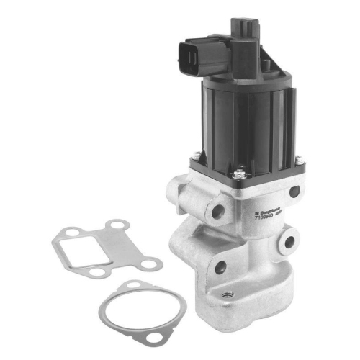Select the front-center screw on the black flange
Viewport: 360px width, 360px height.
(x=238, y=173)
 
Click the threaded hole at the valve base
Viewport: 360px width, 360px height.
(x=228, y=294)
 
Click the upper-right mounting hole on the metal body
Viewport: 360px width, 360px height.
(x=294, y=192)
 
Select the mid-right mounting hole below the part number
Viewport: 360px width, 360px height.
(x=289, y=243)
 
